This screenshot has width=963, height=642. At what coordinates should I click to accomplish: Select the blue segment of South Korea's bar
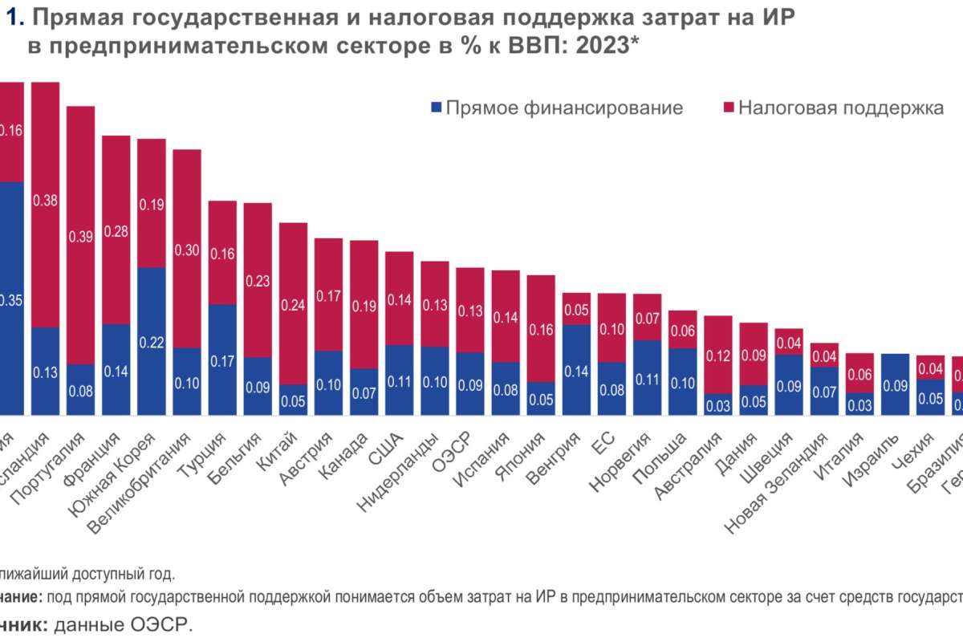(x=152, y=341)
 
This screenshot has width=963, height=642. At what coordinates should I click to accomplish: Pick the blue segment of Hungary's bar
(x=576, y=370)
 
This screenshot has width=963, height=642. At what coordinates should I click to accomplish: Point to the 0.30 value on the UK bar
(x=187, y=250)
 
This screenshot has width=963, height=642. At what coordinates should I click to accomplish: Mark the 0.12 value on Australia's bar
(x=717, y=355)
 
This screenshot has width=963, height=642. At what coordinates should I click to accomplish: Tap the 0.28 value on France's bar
(x=116, y=231)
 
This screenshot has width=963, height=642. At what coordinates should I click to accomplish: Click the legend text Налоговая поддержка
(x=840, y=108)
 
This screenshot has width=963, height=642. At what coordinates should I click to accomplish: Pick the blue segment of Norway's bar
(x=647, y=377)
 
